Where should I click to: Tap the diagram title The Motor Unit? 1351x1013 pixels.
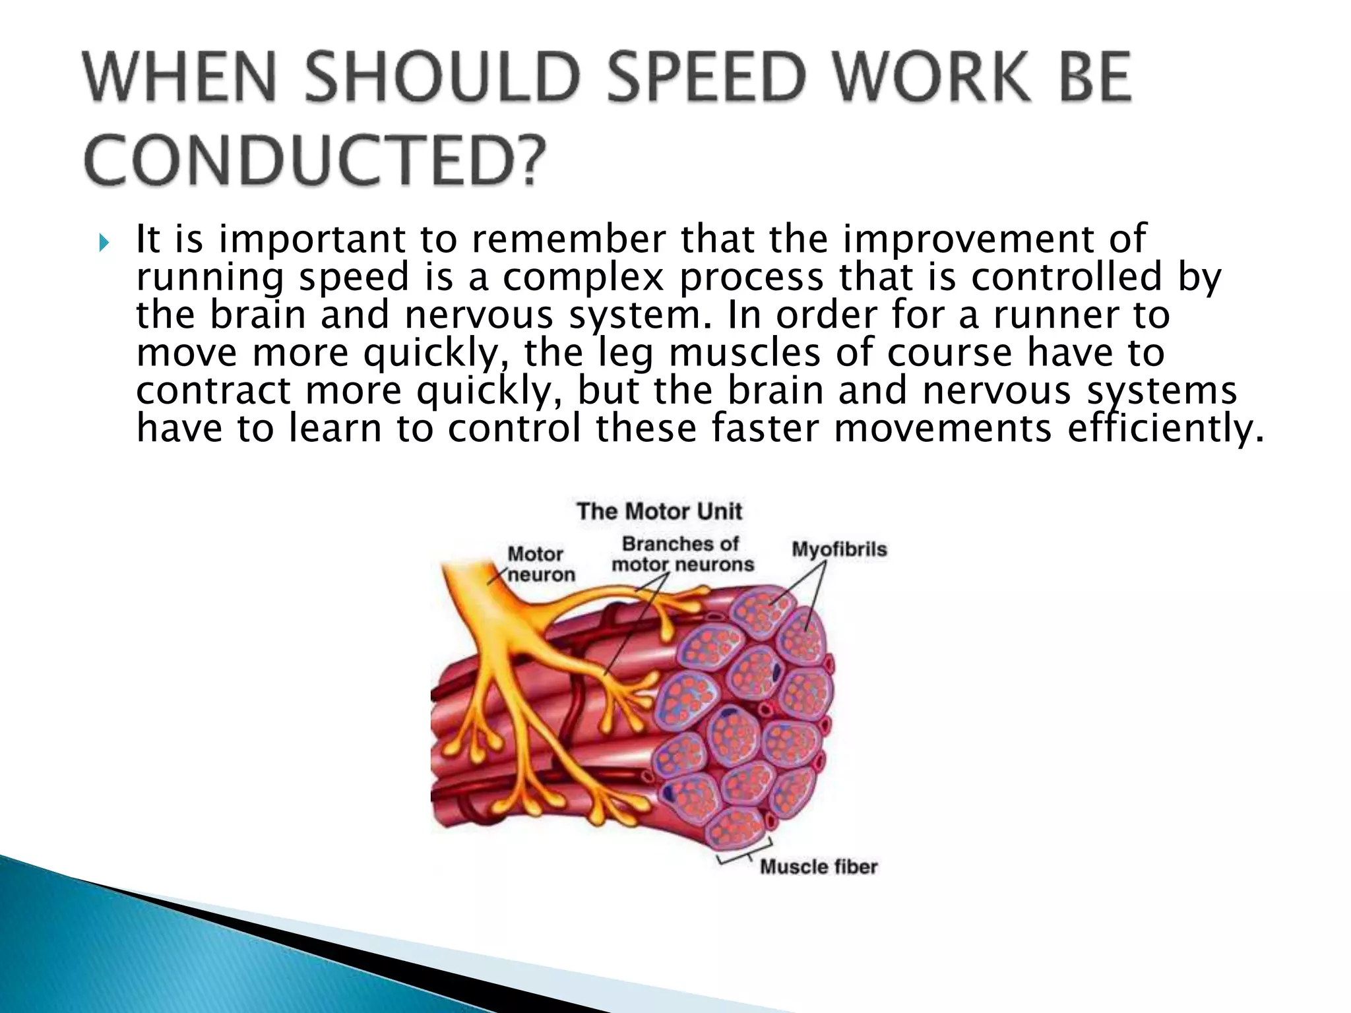(x=659, y=511)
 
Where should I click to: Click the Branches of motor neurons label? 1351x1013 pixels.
(x=682, y=555)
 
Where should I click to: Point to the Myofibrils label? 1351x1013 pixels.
(x=839, y=549)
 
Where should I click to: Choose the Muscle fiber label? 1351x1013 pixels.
(x=819, y=866)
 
